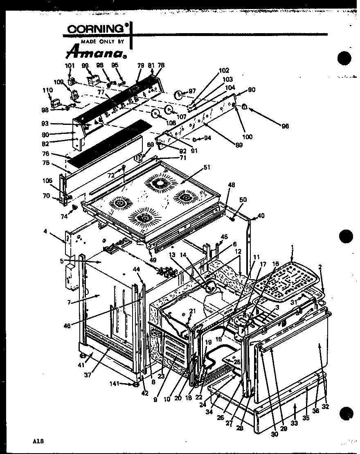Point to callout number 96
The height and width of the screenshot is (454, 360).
click(x=285, y=126)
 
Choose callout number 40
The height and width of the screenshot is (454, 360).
click(x=261, y=215)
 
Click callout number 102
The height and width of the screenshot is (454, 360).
click(x=224, y=70)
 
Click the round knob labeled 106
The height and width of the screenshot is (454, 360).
click(x=155, y=114)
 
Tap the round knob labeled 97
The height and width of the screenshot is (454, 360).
click(x=179, y=95)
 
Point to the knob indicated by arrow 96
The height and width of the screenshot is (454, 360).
click(x=244, y=107)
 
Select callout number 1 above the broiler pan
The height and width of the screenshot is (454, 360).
click(x=292, y=247)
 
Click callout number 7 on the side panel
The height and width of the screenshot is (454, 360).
click(x=70, y=302)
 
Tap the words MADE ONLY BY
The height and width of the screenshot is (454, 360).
click(x=102, y=41)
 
